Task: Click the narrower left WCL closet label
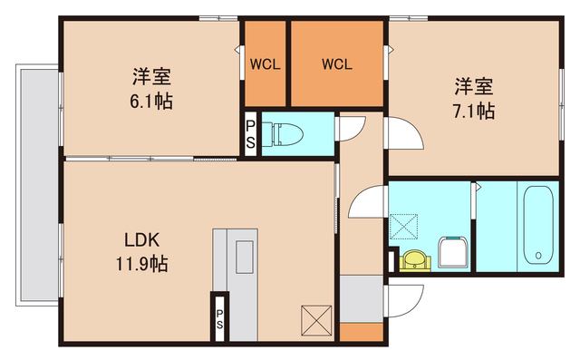tap(265, 64)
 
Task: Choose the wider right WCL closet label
tap(337, 64)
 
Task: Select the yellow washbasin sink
tap(415, 260)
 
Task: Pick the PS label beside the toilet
tap(251, 133)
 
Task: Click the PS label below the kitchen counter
tap(218, 316)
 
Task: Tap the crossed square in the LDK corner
tap(317, 320)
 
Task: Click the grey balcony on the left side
tap(37, 181)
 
